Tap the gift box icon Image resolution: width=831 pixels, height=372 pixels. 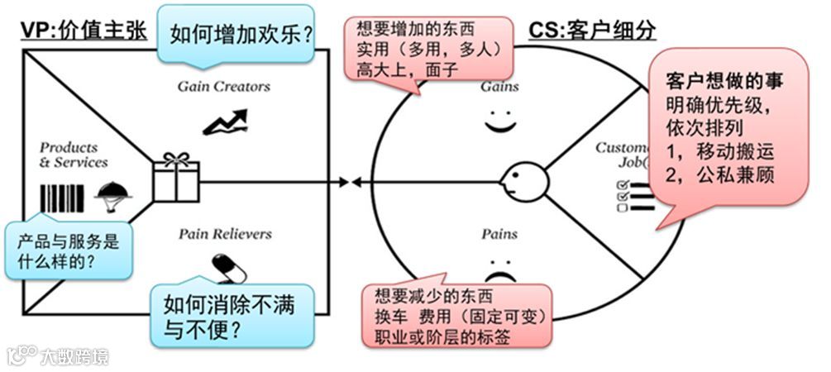click(176, 176)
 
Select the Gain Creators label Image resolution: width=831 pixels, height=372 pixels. click(223, 86)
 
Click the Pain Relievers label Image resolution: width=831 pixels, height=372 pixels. click(225, 234)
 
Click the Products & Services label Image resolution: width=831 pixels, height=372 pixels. click(74, 155)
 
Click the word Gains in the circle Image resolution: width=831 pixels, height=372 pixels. click(499, 86)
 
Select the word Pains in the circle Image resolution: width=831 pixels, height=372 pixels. click(499, 234)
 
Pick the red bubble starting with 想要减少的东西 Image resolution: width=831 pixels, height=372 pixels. click(457, 315)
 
